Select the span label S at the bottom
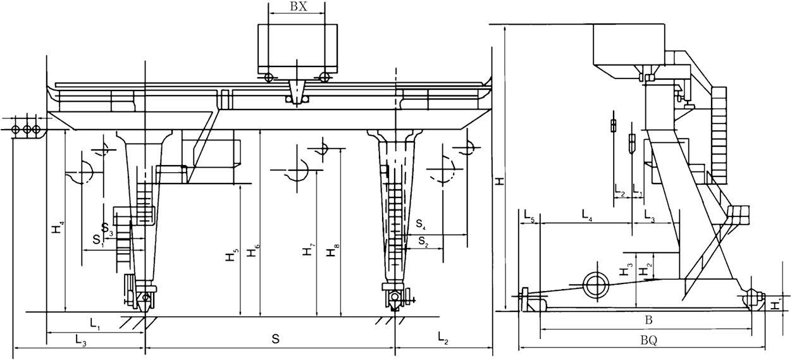click(275, 340)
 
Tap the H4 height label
click(57, 227)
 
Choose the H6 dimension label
click(253, 250)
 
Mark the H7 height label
click(308, 250)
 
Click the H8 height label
click(331, 251)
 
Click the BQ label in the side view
click(648, 340)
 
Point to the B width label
click(648, 318)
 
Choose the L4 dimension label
click(586, 218)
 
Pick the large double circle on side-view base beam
click(595, 285)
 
